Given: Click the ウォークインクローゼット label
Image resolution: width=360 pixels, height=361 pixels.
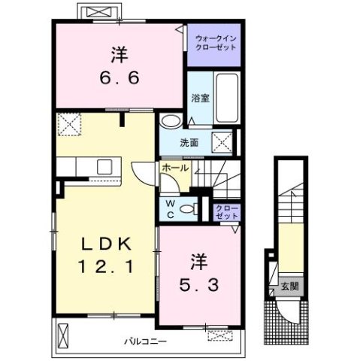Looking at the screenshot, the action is pos(216,43).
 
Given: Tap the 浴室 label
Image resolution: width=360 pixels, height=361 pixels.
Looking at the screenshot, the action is pos(201,98).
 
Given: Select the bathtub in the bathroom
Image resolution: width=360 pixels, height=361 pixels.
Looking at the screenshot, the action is pos(227,98).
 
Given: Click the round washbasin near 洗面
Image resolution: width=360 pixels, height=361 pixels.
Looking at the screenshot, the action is pos(171,121).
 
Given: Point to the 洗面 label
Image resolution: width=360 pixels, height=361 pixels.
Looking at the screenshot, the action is pos(189,143).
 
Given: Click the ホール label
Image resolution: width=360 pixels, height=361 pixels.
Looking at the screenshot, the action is pos(175,168).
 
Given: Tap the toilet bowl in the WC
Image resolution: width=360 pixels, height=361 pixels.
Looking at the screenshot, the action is pos(189,209).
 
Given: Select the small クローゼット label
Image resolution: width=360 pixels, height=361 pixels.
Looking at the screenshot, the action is pos(227,212).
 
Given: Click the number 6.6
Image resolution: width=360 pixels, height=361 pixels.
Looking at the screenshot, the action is pos(119,77).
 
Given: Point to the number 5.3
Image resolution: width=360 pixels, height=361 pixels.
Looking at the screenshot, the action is pos(199,285).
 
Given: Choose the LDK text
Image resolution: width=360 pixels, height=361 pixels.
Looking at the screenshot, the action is pos(107,244).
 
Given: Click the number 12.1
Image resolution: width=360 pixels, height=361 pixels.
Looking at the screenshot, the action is pos(106,266).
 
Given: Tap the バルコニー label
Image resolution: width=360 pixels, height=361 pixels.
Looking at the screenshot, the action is pos(145,341).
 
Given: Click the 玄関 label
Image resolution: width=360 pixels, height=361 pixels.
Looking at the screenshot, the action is pos(289,287).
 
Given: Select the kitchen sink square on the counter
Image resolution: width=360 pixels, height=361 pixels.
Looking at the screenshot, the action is pos(104,167).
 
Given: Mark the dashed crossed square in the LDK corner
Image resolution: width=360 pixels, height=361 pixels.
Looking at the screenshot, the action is pos(69,124).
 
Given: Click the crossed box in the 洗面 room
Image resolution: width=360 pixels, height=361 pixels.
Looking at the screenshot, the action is pos(222,142).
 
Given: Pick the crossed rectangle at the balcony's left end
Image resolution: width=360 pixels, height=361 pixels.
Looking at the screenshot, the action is pos(62,335).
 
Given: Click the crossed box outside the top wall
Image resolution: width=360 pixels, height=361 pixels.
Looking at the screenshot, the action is pos(99,11).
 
